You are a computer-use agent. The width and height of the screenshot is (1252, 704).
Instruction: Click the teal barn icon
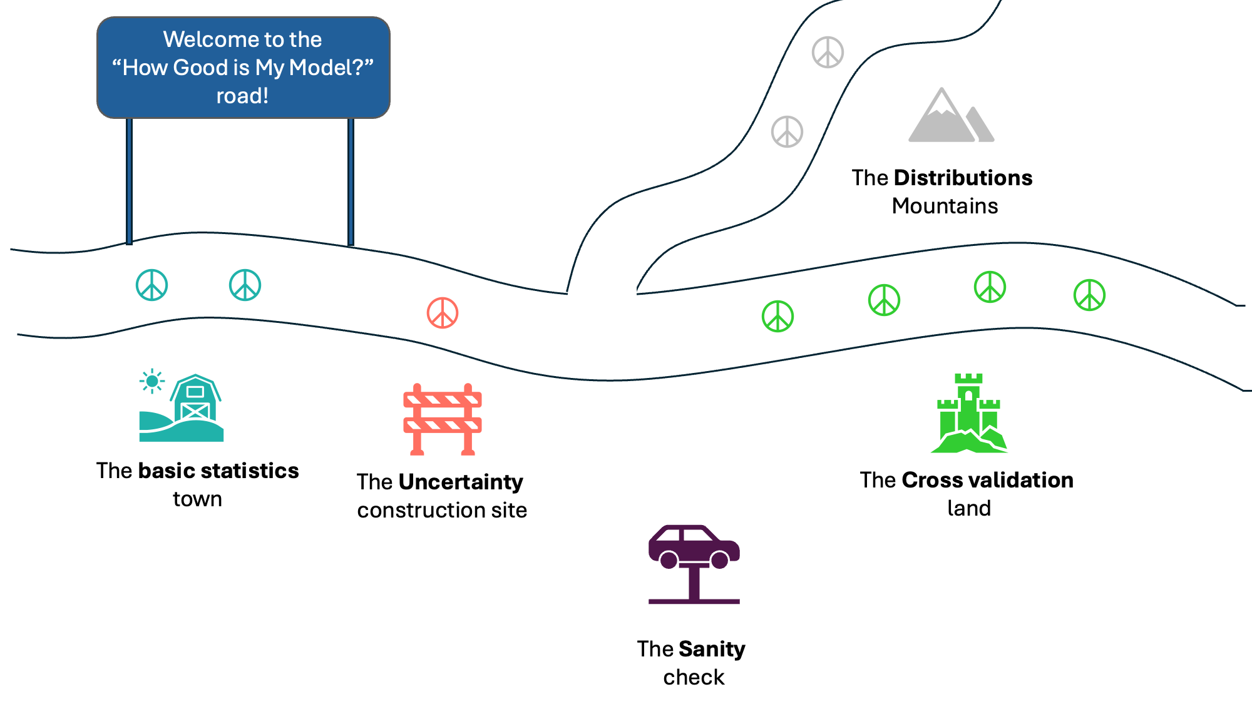(x=188, y=410)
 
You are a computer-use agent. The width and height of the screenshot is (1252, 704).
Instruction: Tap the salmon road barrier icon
(x=443, y=419)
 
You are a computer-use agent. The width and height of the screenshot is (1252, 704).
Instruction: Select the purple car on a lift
(x=694, y=563)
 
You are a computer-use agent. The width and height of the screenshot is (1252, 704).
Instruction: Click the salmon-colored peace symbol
(x=443, y=313)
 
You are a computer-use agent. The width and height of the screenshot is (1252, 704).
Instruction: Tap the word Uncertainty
(x=460, y=482)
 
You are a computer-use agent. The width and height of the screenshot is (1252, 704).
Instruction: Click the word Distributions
(x=963, y=178)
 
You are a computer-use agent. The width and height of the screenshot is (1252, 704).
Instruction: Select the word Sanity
(x=712, y=649)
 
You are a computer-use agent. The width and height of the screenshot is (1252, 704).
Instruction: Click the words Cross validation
(x=987, y=480)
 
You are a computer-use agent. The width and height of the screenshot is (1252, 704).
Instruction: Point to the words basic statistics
(x=218, y=471)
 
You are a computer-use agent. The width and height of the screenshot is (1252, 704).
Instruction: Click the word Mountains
(x=945, y=206)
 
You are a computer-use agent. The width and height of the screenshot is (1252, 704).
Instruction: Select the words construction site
(x=442, y=510)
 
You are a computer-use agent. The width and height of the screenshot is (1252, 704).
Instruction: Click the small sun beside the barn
(x=152, y=381)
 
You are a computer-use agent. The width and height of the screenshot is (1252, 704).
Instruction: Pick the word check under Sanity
(x=694, y=677)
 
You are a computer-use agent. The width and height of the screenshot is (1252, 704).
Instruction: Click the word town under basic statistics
(x=197, y=499)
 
